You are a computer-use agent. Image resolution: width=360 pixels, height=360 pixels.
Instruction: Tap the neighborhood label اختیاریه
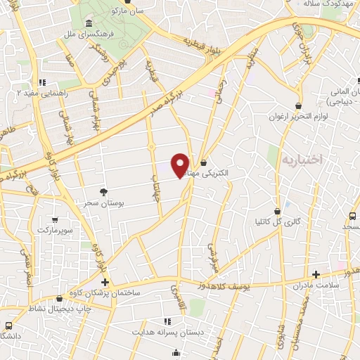point(301,160)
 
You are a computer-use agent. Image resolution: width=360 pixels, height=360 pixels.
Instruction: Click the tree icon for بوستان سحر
point(104,191)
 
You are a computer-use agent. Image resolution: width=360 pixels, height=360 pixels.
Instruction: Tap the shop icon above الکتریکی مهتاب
point(203,162)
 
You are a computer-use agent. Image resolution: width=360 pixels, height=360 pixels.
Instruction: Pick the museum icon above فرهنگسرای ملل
point(88,24)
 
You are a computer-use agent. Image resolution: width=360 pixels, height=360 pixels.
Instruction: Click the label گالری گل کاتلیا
point(278,221)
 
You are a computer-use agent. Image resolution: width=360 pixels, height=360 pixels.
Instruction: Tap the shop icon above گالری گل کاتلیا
point(279,210)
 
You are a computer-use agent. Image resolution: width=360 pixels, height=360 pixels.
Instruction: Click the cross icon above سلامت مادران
point(316,274)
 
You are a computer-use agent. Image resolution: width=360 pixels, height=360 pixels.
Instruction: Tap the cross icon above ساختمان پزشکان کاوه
point(105,282)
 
